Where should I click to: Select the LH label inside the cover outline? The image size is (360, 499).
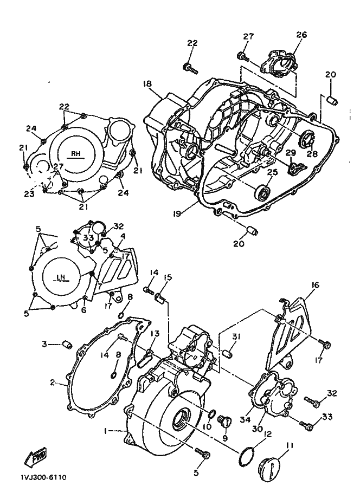coord(61,277)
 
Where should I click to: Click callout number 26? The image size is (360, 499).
coord(301,34)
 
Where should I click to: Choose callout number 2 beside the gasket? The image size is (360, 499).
coord(53,382)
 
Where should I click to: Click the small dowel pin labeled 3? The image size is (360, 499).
coord(67,344)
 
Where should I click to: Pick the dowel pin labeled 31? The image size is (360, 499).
coord(229,353)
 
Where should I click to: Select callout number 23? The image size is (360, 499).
coord(29,193)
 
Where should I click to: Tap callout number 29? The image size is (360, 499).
coord(291,153)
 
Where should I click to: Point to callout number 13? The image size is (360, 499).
coord(155,333)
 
